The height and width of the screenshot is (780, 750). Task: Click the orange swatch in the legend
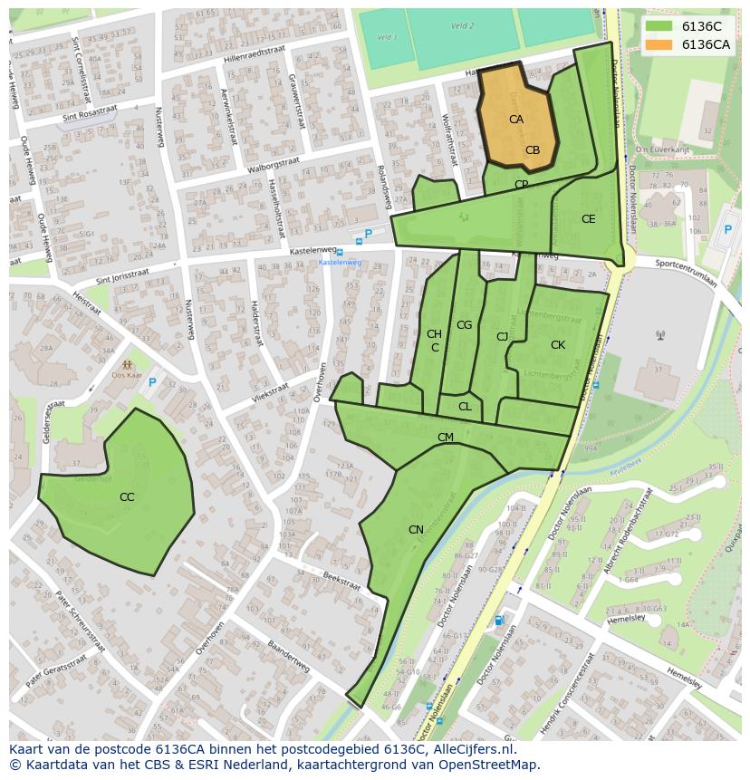pos(659,44)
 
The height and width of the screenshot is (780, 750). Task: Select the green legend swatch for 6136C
pos(659,26)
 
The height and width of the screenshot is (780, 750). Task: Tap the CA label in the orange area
pos(516,120)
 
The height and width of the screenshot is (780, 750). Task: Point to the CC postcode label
pos(127,497)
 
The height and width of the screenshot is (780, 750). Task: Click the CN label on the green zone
pos(416,530)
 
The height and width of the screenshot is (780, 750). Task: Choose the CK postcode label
pos(558,345)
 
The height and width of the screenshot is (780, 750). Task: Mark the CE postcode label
pos(589,219)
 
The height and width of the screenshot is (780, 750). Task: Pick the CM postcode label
pos(446,438)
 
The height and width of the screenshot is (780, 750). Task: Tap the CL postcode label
pos(465,407)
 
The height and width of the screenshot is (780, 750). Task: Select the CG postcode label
pos(464,325)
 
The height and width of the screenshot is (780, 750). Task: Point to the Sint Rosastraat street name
pos(90,112)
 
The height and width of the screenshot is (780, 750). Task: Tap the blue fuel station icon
pos(498,621)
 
